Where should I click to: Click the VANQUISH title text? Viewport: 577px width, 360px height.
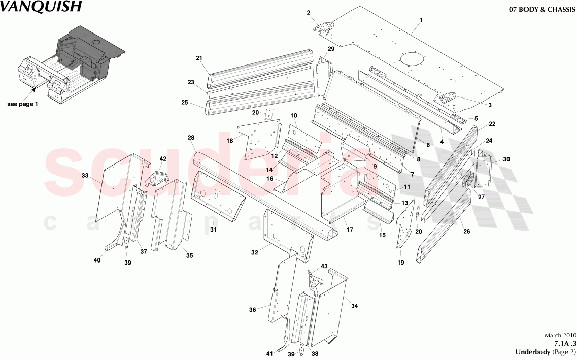(x=40, y=7)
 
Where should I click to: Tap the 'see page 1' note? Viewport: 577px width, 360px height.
(x=22, y=104)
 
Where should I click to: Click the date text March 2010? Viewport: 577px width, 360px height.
(x=560, y=336)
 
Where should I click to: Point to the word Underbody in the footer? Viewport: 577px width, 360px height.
(x=531, y=352)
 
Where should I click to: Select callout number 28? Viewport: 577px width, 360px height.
(x=191, y=138)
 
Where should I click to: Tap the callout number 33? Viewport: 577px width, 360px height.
(x=84, y=175)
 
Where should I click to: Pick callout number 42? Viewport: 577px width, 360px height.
(x=163, y=159)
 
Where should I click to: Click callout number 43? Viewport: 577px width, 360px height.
(x=324, y=266)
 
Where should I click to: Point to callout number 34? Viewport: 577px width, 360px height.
(x=354, y=306)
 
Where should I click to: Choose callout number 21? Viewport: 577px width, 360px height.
(x=199, y=58)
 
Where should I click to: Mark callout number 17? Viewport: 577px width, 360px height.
(x=350, y=230)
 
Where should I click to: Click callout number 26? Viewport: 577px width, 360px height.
(x=466, y=232)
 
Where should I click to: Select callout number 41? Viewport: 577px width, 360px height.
(x=269, y=353)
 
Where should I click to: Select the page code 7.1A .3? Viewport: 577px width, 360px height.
(x=563, y=344)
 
